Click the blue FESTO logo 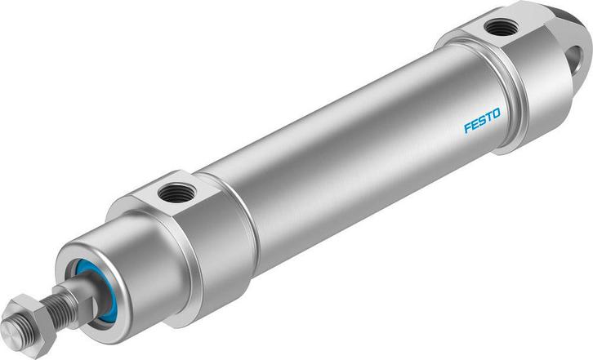[x=483, y=121]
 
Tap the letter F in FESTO [x=468, y=127]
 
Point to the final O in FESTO [x=497, y=115]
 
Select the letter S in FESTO [x=483, y=121]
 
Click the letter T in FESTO [x=490, y=118]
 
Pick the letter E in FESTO [x=475, y=124]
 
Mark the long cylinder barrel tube [x=343, y=155]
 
